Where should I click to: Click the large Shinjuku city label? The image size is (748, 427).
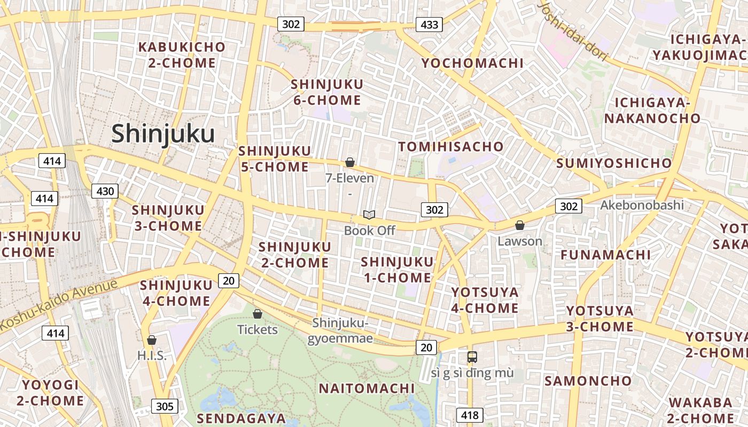click(163, 133)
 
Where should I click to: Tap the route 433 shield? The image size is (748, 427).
click(430, 24)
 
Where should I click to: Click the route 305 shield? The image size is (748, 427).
click(165, 406)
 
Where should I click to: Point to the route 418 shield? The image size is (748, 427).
click(470, 415)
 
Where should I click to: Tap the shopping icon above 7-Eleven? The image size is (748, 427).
click(350, 162)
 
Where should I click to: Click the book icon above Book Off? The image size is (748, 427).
click(369, 215)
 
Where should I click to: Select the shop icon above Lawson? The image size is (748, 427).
click(519, 225)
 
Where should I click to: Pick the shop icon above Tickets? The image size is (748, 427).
click(258, 313)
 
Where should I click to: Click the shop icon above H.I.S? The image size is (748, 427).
click(152, 339)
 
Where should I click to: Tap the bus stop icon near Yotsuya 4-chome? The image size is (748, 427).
click(472, 357)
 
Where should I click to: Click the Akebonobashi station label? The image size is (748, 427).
click(642, 205)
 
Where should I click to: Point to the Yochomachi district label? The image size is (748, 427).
click(472, 63)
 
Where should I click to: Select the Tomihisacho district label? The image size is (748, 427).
click(451, 146)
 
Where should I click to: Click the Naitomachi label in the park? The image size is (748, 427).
click(367, 388)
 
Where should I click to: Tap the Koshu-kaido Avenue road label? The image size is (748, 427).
click(59, 304)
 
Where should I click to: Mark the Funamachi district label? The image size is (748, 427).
click(605, 255)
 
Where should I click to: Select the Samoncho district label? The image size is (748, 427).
click(588, 381)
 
